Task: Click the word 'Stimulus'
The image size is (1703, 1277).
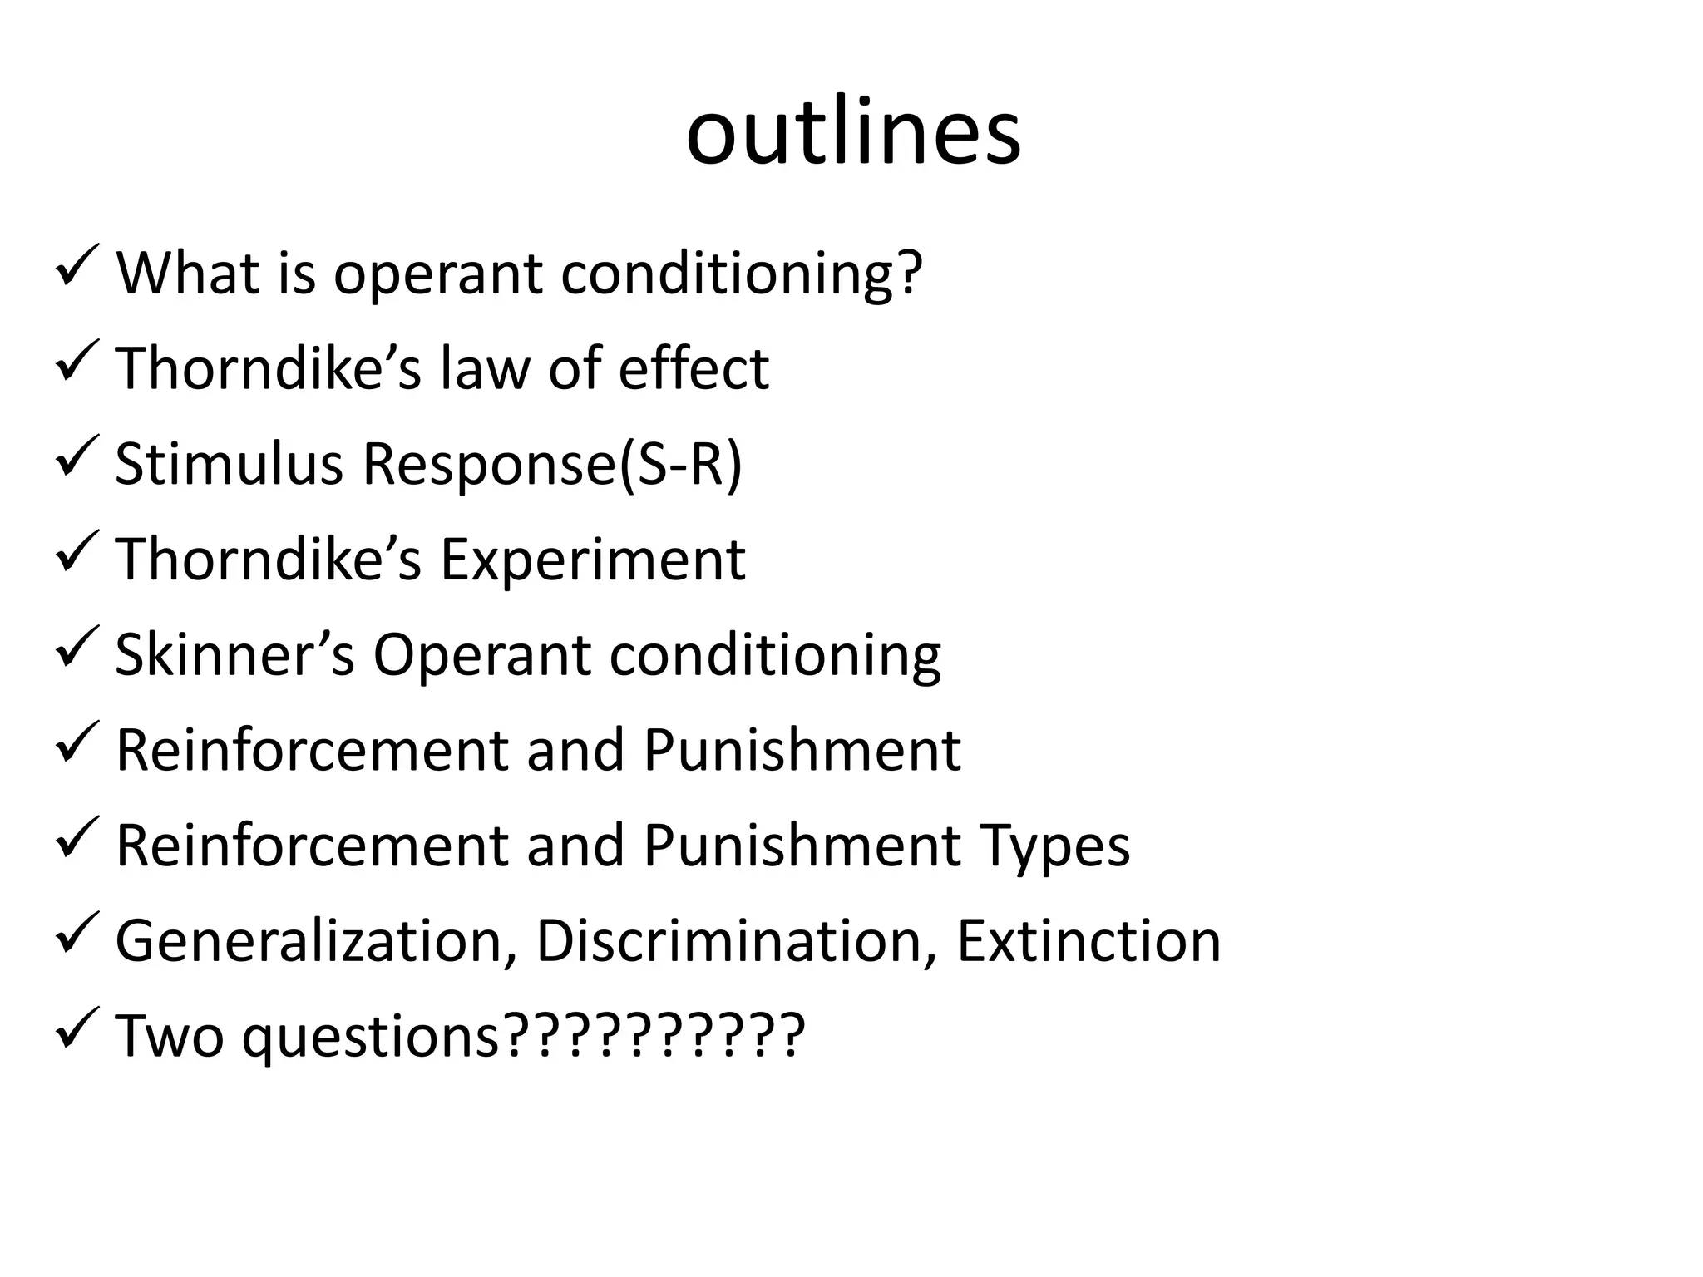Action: [229, 463]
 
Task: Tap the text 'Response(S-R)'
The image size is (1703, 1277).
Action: [552, 463]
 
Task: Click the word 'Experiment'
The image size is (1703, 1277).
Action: [592, 559]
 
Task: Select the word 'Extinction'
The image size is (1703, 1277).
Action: [1088, 941]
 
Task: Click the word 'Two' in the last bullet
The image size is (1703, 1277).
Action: [170, 1037]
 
